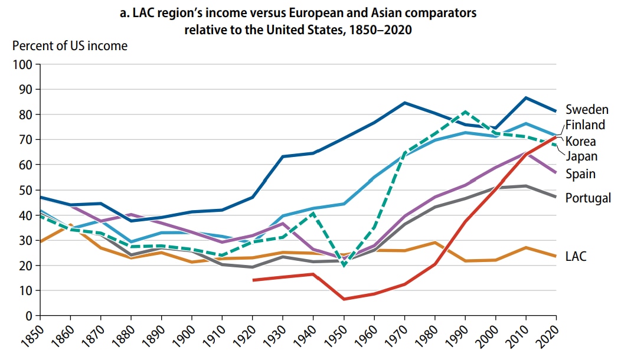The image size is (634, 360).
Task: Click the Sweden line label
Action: click(586, 110)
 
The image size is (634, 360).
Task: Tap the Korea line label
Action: click(580, 142)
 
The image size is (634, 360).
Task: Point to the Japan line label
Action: click(581, 156)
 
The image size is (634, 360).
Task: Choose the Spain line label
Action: click(580, 174)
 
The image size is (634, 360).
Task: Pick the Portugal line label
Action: click(588, 198)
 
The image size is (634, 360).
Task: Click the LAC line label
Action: click(576, 257)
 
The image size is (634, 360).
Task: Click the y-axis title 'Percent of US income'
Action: click(70, 45)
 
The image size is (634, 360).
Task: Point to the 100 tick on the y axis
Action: click(22, 64)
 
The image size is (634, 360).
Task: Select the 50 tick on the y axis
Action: click(25, 190)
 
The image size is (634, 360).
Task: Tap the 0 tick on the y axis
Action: click(28, 316)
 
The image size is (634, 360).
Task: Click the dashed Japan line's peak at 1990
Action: click(465, 112)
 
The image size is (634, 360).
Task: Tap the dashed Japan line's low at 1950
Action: click(344, 266)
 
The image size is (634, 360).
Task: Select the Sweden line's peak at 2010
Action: click(525, 98)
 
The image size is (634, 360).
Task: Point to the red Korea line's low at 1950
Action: click(344, 299)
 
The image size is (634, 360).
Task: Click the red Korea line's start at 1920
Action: click(253, 280)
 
